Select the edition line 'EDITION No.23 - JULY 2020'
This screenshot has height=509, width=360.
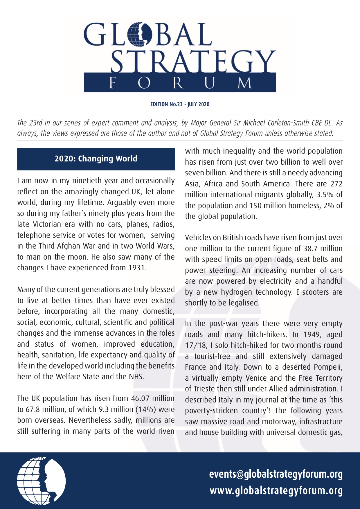pos(180,104)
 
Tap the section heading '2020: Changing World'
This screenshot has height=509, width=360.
pos(96,159)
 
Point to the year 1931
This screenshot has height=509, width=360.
pos(136,268)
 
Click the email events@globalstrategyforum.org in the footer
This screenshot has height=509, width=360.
pos(276,474)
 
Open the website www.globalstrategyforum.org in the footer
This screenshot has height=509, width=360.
pos(276,490)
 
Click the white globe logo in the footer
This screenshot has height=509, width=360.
pos(41,481)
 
